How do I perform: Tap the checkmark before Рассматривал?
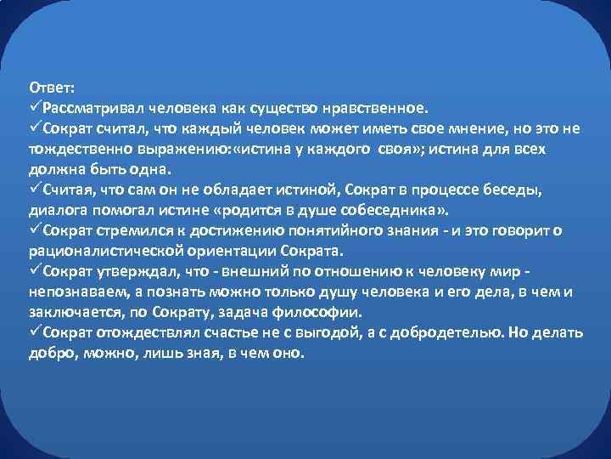[x=35, y=108]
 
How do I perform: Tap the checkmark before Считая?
[x=35, y=188]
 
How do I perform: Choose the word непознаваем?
[x=71, y=291]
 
